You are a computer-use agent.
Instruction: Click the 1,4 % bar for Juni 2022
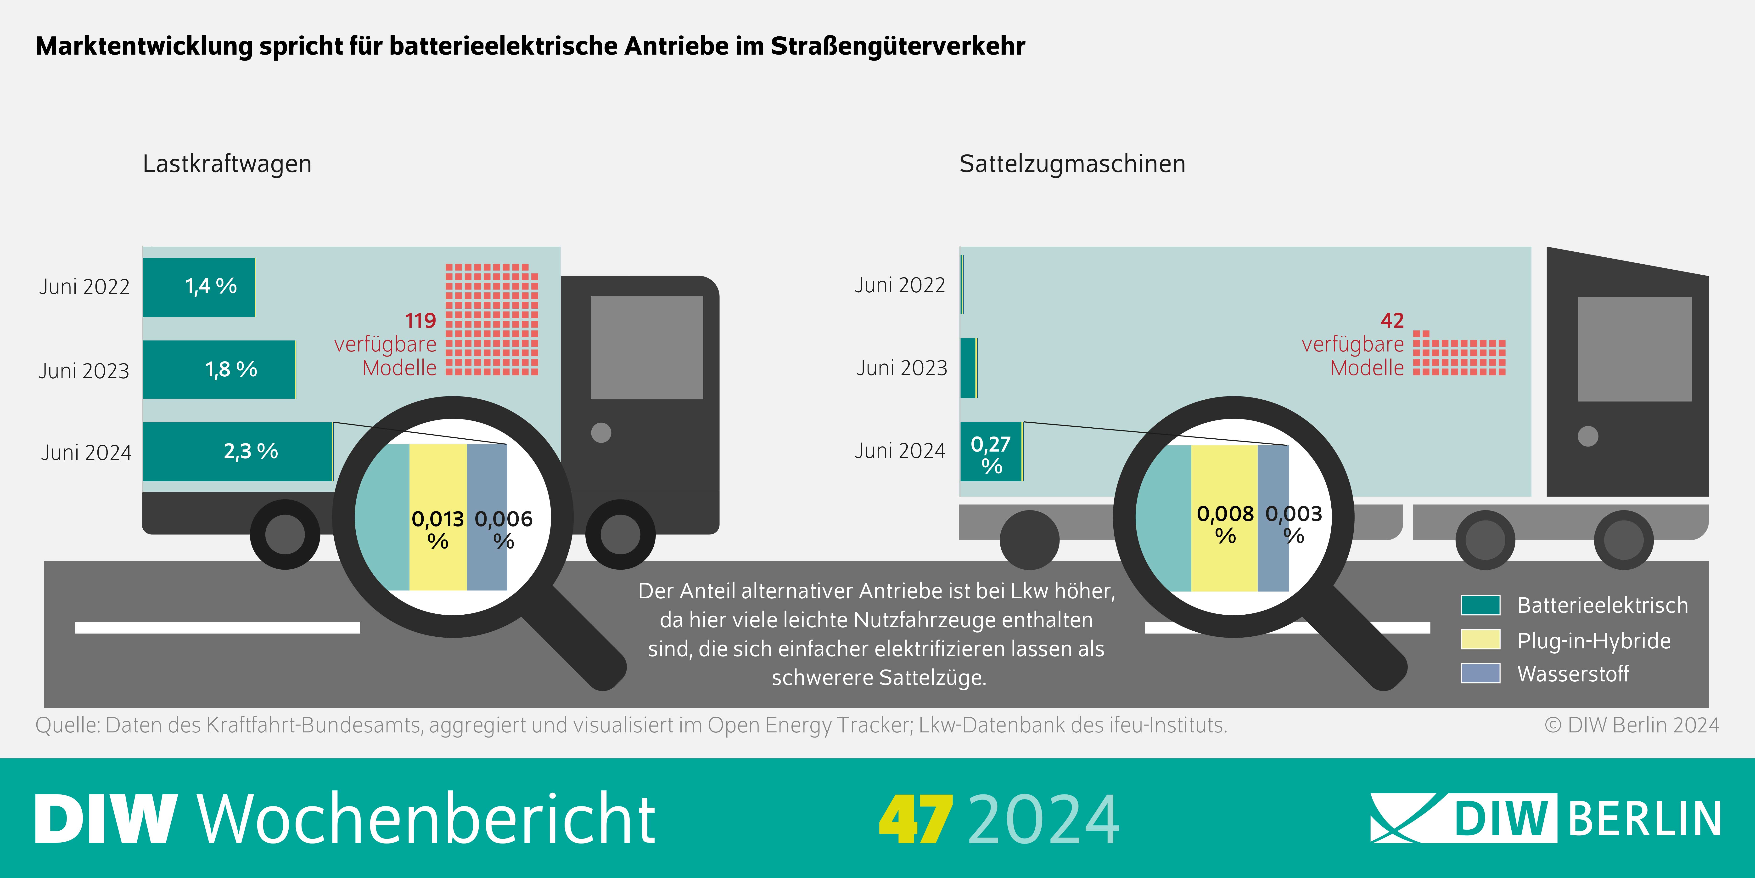point(199,287)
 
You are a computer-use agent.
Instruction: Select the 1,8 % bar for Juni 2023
point(219,369)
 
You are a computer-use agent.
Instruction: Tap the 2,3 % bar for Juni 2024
point(237,451)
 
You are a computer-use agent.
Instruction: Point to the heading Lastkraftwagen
point(227,164)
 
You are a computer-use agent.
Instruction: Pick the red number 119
point(420,320)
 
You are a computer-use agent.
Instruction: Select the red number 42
point(1392,320)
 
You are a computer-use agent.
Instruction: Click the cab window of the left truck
point(646,347)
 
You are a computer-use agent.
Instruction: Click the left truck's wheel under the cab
point(620,534)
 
